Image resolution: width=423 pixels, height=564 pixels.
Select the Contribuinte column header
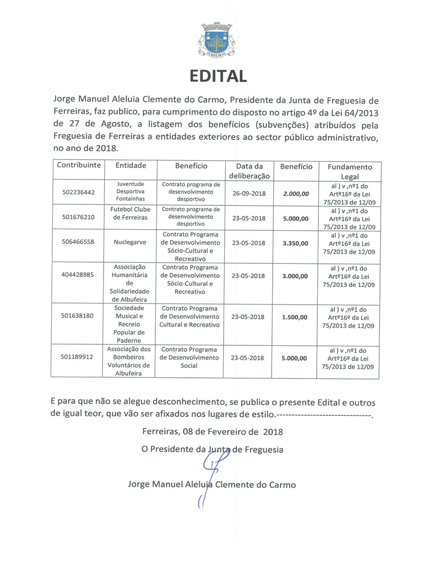click(x=79, y=166)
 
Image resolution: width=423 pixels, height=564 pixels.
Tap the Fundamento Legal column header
click(x=350, y=171)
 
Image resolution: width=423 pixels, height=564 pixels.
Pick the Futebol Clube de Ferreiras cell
click(x=130, y=214)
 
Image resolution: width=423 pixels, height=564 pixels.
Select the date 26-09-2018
click(x=249, y=194)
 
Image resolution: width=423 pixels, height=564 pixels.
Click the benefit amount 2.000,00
click(x=295, y=194)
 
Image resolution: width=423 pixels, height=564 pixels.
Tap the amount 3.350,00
click(x=295, y=242)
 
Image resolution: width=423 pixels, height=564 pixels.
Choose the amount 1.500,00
click(x=295, y=317)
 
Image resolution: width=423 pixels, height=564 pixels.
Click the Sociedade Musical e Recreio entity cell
click(x=130, y=324)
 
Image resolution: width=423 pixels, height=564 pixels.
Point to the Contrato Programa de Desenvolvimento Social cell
click(x=189, y=357)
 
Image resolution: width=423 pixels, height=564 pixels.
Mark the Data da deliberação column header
click(x=249, y=171)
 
